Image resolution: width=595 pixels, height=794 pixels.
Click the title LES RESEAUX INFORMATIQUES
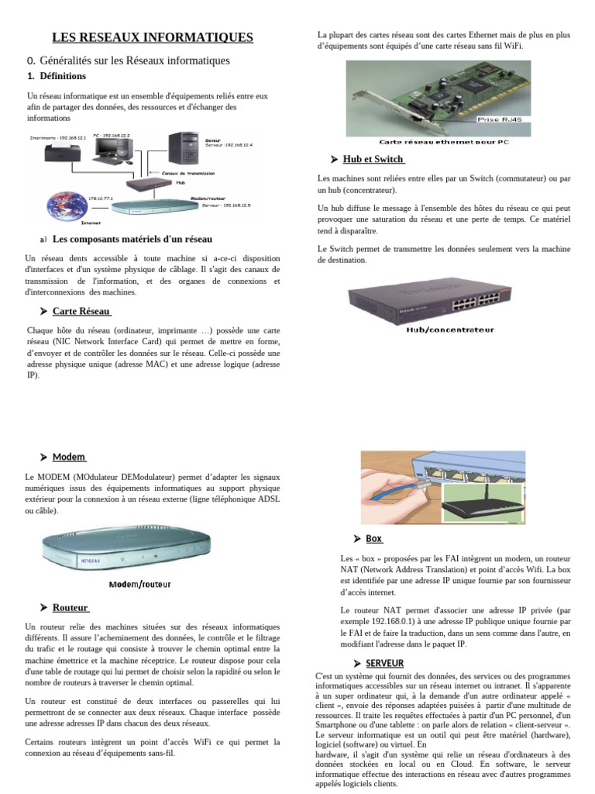click(x=152, y=37)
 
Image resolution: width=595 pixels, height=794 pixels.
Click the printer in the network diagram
click(x=60, y=154)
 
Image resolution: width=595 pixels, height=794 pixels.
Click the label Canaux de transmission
click(x=188, y=173)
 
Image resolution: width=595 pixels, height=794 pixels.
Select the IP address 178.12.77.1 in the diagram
click(x=101, y=198)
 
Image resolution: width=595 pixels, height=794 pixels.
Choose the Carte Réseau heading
click(x=81, y=311)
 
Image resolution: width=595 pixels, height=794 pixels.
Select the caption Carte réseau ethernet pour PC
click(x=444, y=142)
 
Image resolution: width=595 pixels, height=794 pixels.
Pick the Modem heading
click(x=69, y=457)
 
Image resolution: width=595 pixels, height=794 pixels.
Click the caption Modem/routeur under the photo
click(x=139, y=584)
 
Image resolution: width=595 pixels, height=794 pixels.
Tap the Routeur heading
click(x=71, y=607)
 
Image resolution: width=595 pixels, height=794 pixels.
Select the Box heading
click(x=373, y=538)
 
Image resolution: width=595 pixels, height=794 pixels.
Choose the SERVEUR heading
click(x=384, y=663)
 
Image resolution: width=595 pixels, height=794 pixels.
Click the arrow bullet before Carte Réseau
click(x=43, y=311)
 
